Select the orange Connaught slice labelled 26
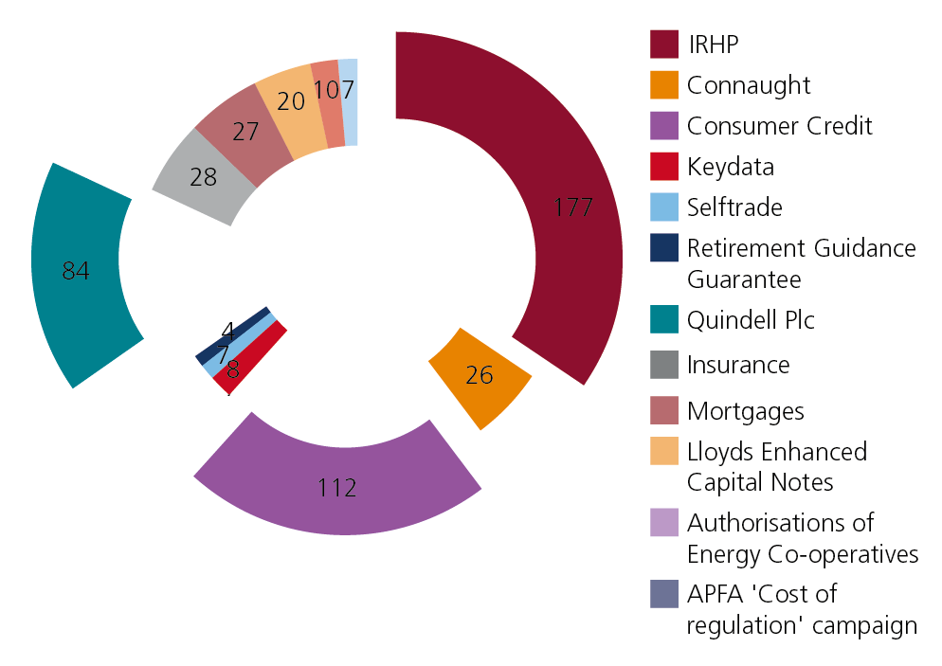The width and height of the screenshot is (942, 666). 480,377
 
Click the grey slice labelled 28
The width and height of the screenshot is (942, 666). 204,176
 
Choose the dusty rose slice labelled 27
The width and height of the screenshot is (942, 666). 245,133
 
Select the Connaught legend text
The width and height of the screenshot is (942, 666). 749,85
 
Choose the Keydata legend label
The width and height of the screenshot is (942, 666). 730,167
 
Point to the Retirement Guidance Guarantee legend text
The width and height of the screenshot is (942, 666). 801,263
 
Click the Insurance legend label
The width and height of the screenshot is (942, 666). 738,365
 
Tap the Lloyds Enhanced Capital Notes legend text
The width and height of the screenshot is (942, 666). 776,466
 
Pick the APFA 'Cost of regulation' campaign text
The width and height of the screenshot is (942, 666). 802,609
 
